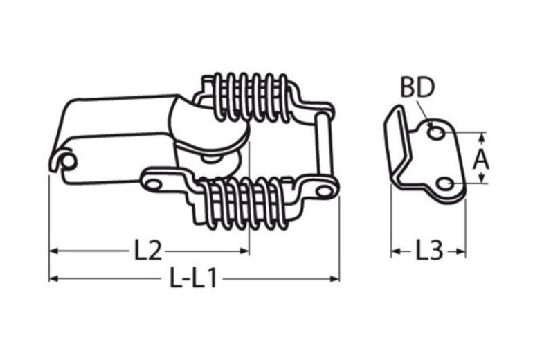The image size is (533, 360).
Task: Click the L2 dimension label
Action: tap(147, 251)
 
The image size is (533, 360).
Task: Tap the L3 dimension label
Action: tap(429, 251)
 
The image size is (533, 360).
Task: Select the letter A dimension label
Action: tap(480, 160)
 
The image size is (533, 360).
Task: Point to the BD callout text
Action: tap(417, 87)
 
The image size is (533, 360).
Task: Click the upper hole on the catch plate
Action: tap(435, 132)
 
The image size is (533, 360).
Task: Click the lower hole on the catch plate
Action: tap(444, 184)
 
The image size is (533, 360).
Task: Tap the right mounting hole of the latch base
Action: tap(323, 190)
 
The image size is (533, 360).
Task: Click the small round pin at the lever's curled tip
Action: tap(69, 161)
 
